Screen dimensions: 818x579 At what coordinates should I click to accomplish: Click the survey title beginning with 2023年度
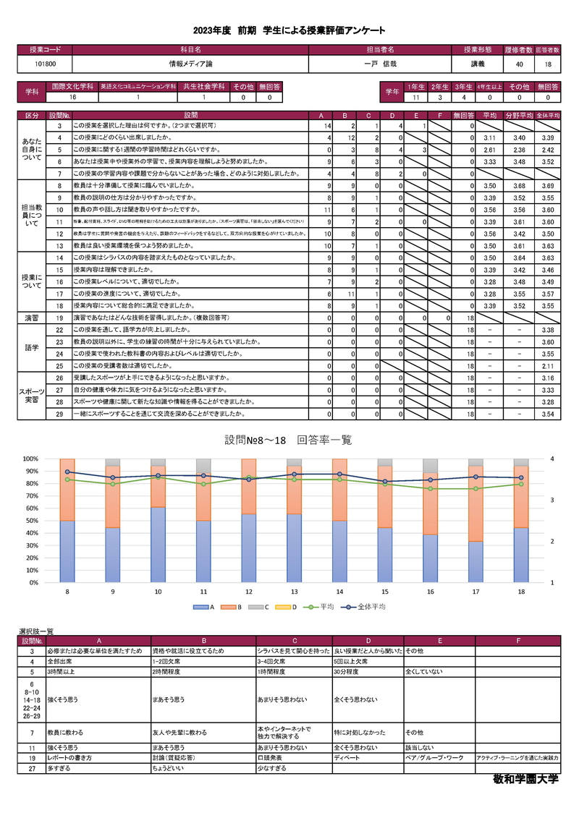(289, 30)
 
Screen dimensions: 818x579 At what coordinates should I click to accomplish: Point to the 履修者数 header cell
(519, 50)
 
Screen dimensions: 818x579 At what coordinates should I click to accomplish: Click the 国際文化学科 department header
(72, 86)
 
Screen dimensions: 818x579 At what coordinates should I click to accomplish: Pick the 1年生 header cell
(415, 86)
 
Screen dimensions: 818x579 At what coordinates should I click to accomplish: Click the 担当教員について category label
(32, 213)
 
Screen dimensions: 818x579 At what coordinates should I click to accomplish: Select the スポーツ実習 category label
(32, 395)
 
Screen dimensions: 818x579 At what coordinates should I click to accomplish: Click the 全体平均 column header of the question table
(548, 115)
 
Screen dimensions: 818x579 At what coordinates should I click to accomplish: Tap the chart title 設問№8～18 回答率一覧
(288, 440)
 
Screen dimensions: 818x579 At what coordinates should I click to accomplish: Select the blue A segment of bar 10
(159, 544)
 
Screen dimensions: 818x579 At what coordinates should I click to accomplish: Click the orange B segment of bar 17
(476, 500)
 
